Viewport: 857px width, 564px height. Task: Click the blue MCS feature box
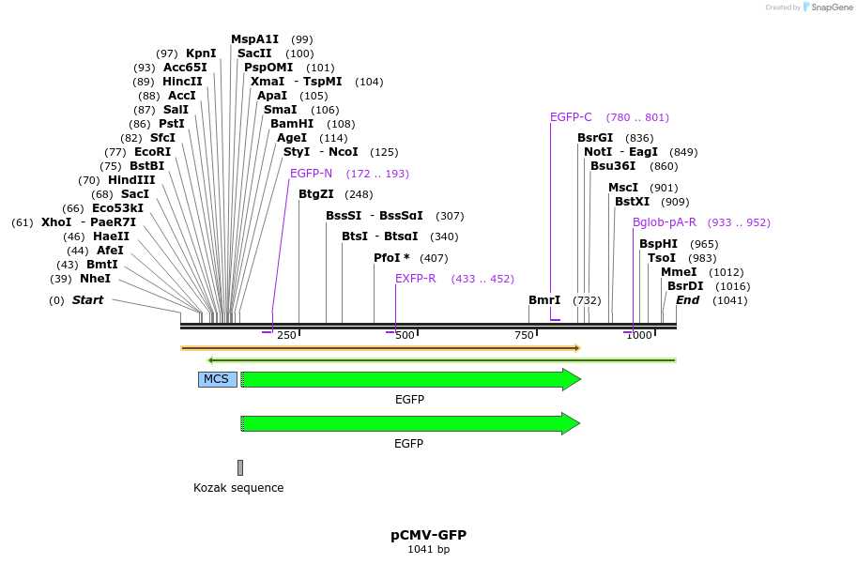(x=217, y=379)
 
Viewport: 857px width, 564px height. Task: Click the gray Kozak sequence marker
(x=240, y=467)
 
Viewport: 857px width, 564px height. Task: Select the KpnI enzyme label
(x=201, y=53)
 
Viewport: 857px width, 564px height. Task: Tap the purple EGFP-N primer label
(x=311, y=174)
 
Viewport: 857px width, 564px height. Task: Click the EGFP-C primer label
(x=571, y=117)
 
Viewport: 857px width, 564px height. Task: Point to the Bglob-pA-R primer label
(x=665, y=222)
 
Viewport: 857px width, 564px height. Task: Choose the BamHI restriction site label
(x=293, y=124)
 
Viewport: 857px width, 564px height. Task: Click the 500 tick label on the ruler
(x=405, y=336)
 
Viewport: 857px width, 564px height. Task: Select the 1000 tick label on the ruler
(x=638, y=336)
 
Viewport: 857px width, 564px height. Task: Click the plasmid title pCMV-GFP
(x=428, y=535)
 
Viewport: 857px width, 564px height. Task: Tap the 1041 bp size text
(x=428, y=550)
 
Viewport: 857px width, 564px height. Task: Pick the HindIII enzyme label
(x=131, y=180)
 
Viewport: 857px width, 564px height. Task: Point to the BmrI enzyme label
(x=544, y=300)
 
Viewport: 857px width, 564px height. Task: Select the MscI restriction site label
(x=623, y=188)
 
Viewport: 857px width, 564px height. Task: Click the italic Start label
(x=88, y=300)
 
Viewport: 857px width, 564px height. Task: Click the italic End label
(x=687, y=300)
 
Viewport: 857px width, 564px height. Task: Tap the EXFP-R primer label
(x=415, y=279)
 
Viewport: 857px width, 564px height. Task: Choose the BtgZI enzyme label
(x=316, y=194)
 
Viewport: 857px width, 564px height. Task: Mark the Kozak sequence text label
(x=238, y=488)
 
